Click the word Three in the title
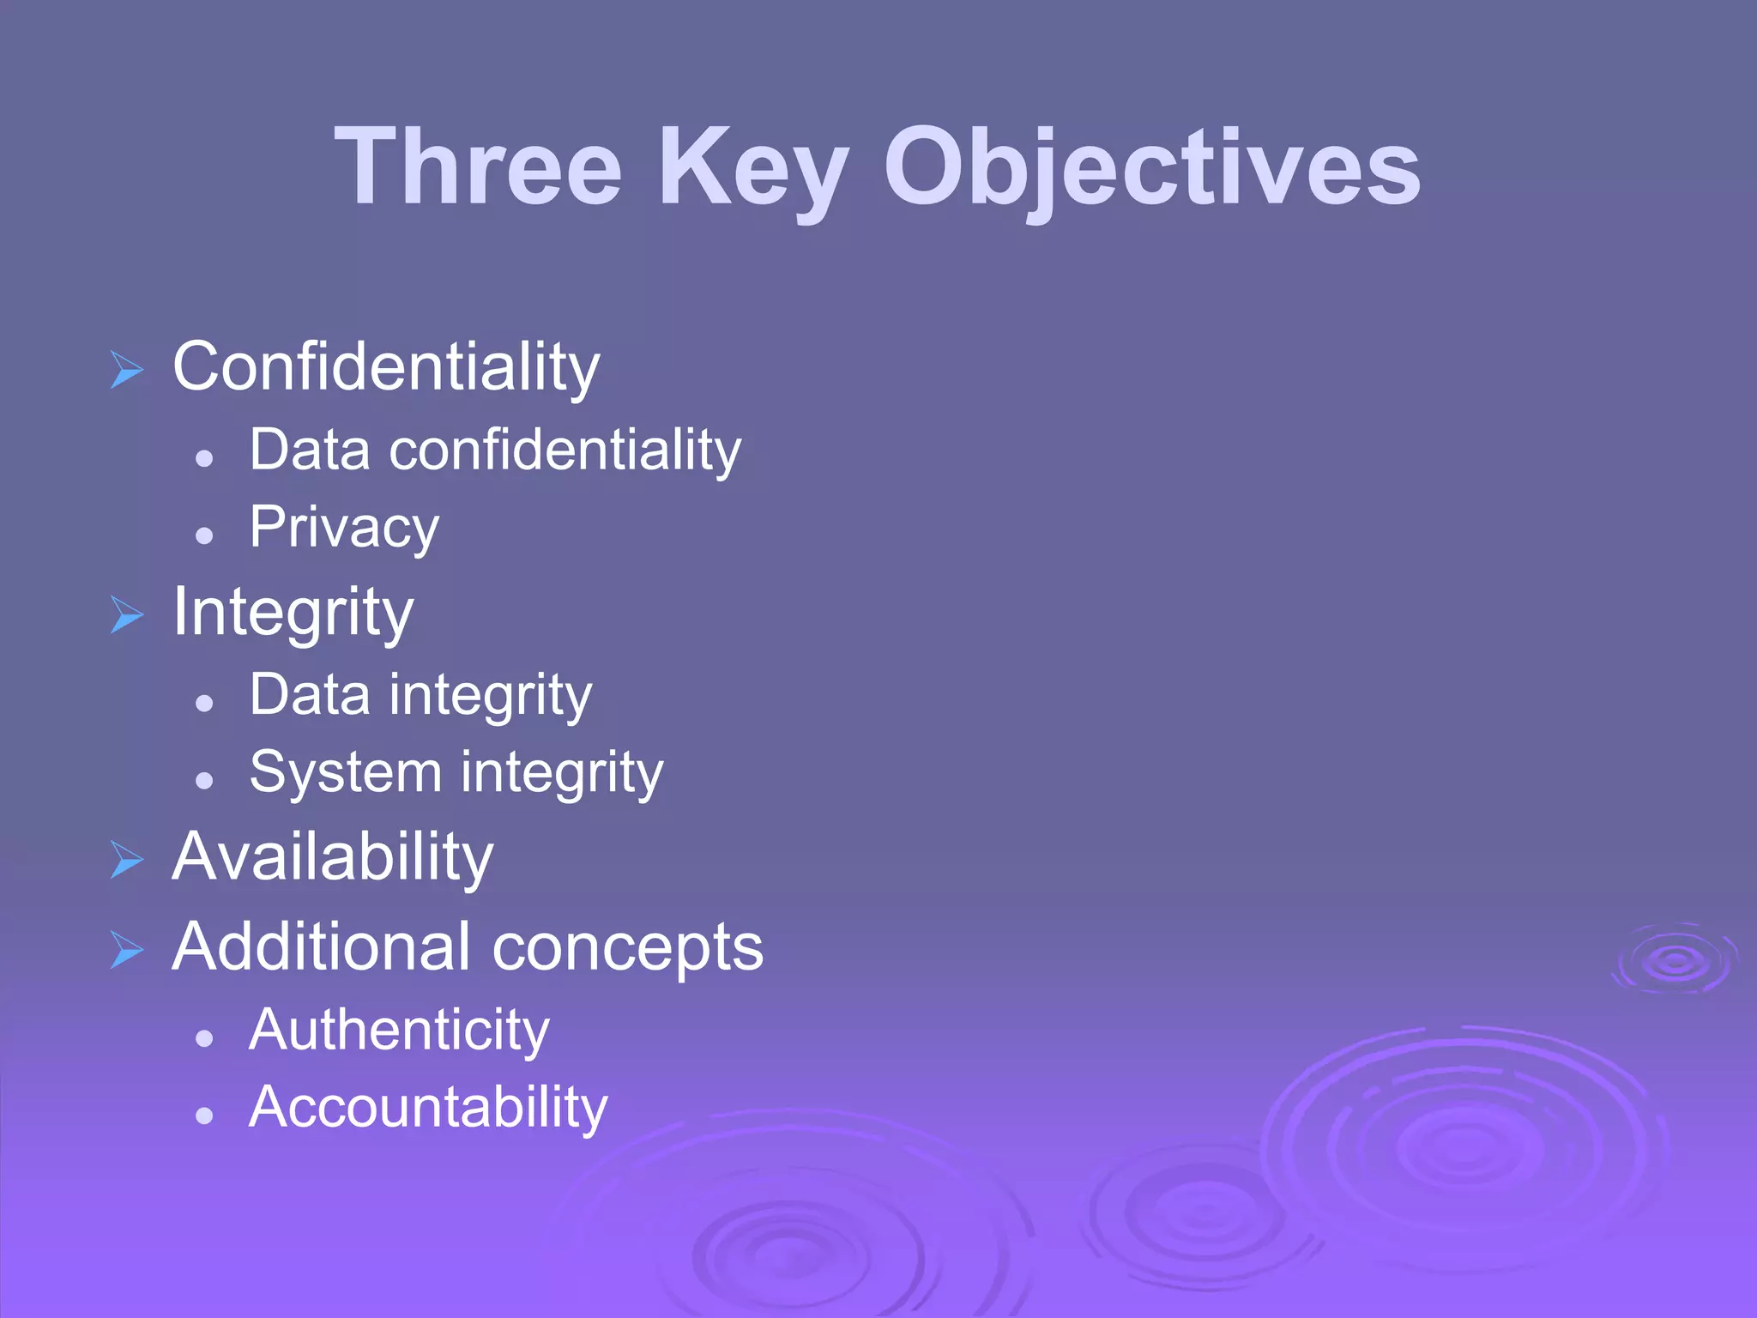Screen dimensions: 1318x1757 478,166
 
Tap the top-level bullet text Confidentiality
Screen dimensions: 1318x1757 386,367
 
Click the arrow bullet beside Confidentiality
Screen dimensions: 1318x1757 127,370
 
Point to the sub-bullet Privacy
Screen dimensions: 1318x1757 344,527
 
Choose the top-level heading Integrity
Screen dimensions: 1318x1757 293,613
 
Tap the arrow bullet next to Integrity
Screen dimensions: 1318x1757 127,615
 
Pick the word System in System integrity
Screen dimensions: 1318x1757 345,771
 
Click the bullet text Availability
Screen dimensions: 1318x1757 333,857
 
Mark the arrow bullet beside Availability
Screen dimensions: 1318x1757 127,860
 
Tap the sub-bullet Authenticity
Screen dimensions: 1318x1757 399,1030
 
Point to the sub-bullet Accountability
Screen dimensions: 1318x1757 428,1107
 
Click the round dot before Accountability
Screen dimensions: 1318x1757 204,1115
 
